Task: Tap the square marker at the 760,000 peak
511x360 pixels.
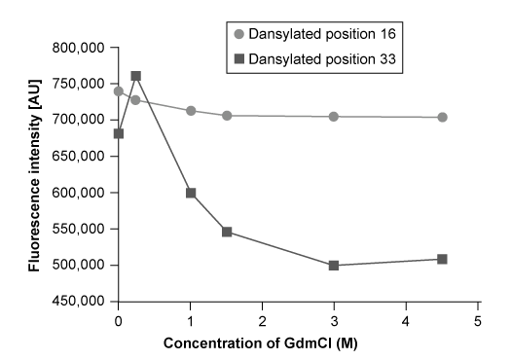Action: (x=136, y=76)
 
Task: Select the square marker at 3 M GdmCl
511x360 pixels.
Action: (x=334, y=265)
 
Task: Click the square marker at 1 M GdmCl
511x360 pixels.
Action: (x=191, y=193)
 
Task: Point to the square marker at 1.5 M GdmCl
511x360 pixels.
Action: (x=227, y=232)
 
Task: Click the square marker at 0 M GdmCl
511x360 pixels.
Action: (x=119, y=133)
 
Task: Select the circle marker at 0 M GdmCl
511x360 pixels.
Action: (x=119, y=91)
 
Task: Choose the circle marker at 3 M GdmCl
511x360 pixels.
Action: (x=334, y=116)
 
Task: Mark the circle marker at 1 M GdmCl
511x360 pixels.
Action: (x=191, y=111)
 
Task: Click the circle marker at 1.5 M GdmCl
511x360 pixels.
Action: (x=227, y=115)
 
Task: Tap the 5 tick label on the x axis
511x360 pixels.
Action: (x=478, y=319)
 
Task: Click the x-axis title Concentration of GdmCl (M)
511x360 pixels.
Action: (x=297, y=344)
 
